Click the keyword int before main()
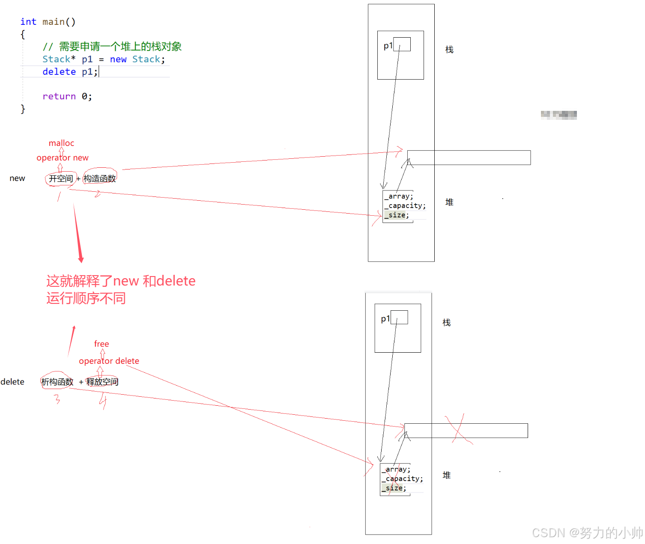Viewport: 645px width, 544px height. [x=28, y=22]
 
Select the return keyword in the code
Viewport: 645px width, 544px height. [x=59, y=96]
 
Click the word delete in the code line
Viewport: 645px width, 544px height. [x=59, y=71]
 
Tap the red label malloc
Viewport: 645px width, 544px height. [x=61, y=143]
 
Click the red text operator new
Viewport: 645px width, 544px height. [x=63, y=158]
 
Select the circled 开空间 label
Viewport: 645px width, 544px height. [x=61, y=178]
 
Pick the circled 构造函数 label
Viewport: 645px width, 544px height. [x=100, y=178]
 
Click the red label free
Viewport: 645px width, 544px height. [x=102, y=344]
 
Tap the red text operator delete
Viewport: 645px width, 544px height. [x=109, y=361]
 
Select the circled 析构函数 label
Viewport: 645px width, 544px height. [x=57, y=382]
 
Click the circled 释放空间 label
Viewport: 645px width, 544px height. [x=102, y=382]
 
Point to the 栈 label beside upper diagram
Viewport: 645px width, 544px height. [x=449, y=50]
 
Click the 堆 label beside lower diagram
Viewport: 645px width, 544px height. [x=447, y=475]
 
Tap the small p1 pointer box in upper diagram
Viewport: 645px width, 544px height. [x=402, y=45]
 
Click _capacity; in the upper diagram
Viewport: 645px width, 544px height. [x=405, y=206]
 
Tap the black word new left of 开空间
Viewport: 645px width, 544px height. [x=17, y=178]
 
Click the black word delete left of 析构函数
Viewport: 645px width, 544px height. [x=12, y=382]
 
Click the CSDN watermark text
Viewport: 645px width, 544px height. [x=587, y=533]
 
